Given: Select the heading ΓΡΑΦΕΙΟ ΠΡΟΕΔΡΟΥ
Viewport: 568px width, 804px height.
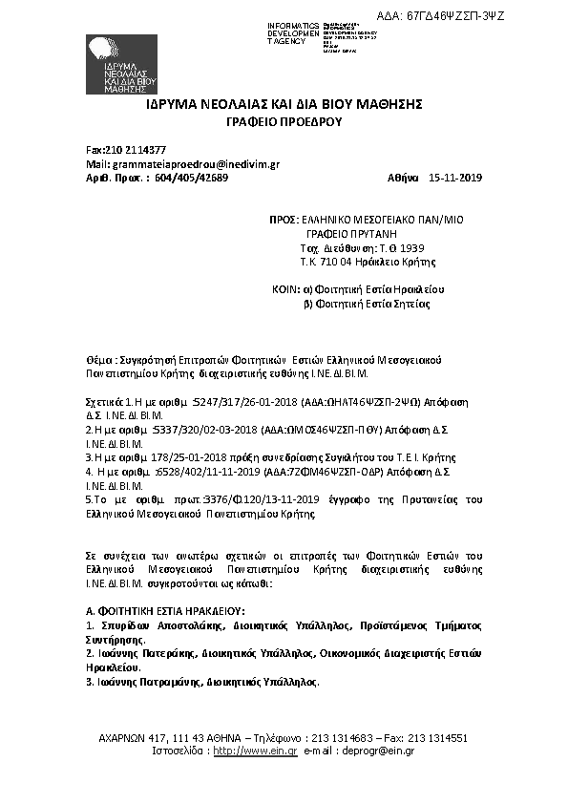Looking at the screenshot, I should click(283, 123).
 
